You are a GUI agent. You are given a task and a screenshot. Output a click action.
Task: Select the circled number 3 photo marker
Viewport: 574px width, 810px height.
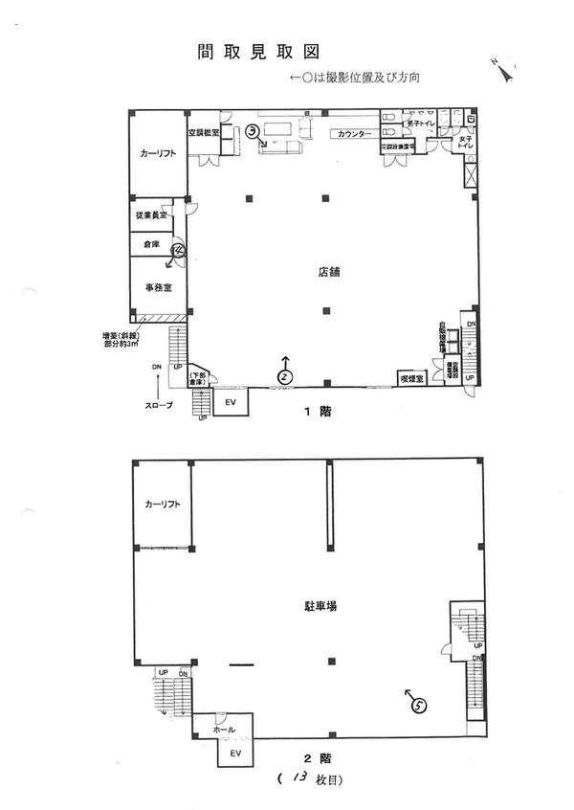click(253, 132)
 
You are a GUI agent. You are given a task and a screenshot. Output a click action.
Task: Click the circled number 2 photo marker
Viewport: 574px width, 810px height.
click(284, 376)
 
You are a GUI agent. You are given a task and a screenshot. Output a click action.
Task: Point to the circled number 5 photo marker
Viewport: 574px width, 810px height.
click(418, 705)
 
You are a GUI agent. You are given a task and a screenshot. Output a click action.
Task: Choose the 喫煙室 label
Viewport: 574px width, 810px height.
click(411, 377)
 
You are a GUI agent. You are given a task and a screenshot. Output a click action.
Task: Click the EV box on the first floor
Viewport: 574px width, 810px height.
click(230, 402)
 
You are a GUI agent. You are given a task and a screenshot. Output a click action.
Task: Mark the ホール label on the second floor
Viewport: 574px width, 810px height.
click(223, 729)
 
